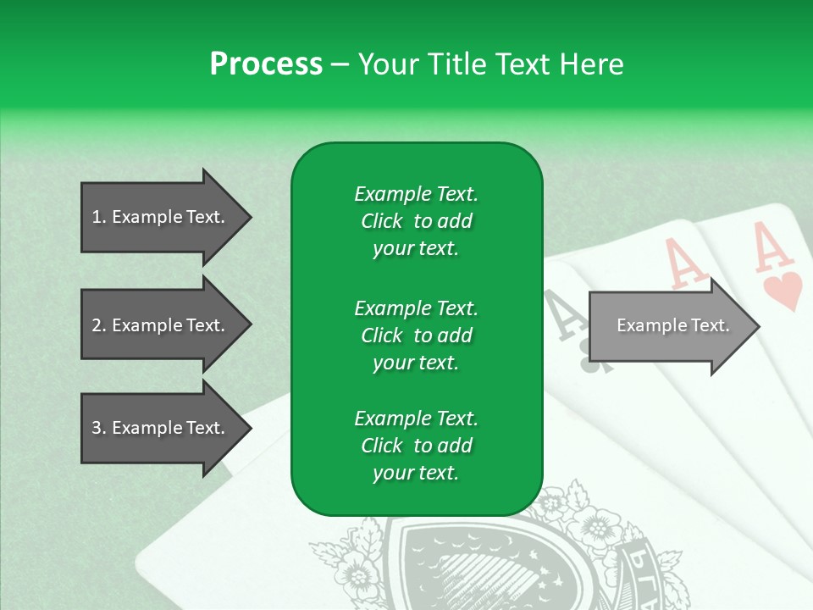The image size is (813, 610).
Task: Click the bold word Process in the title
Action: point(266,64)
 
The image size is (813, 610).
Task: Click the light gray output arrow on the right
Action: point(669,325)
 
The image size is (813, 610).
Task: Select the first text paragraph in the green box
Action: point(416,221)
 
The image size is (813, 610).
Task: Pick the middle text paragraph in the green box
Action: point(416,335)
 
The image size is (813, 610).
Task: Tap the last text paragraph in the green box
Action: point(416,446)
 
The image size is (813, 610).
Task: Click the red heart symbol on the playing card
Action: point(783,291)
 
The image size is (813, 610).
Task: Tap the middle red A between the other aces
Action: point(686,263)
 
